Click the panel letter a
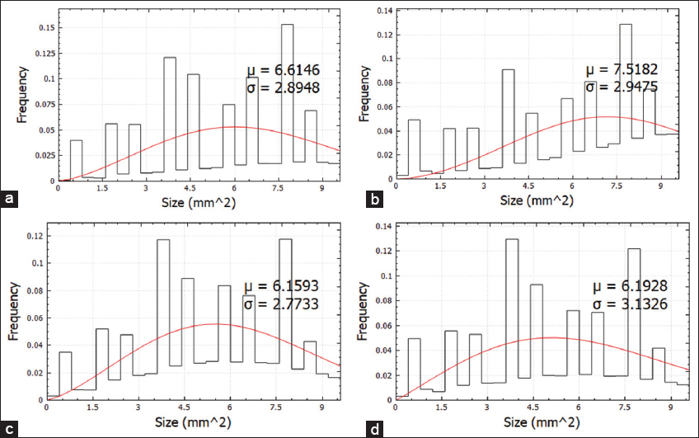(x=9, y=198)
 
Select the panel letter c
(x=9, y=427)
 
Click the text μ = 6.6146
(x=280, y=71)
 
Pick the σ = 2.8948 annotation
(x=280, y=87)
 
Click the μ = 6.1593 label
(x=280, y=288)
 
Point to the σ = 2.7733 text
(x=280, y=304)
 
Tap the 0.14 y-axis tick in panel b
(x=383, y=10)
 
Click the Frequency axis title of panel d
(x=364, y=314)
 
